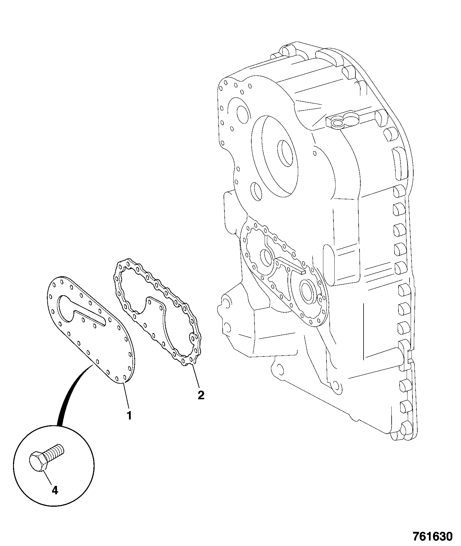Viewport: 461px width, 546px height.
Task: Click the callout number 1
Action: [x=129, y=415]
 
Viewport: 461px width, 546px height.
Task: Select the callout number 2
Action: [x=201, y=395]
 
